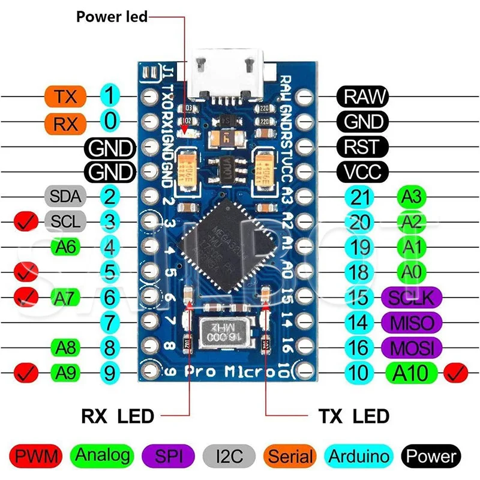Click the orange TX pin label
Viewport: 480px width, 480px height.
point(65,96)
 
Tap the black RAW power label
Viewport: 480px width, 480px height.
point(362,96)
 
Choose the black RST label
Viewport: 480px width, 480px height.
point(362,146)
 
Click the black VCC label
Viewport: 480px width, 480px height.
point(362,172)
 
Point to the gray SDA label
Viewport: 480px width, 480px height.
point(65,196)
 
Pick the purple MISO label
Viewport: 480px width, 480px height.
point(412,322)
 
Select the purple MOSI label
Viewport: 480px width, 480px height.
point(412,347)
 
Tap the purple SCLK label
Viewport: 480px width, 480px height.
point(412,297)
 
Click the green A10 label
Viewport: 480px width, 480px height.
point(412,373)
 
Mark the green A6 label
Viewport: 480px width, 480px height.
point(65,247)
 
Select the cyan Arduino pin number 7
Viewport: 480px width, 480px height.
point(109,323)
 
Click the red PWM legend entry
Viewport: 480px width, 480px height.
point(36,456)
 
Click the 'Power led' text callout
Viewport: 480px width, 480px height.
point(111,16)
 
